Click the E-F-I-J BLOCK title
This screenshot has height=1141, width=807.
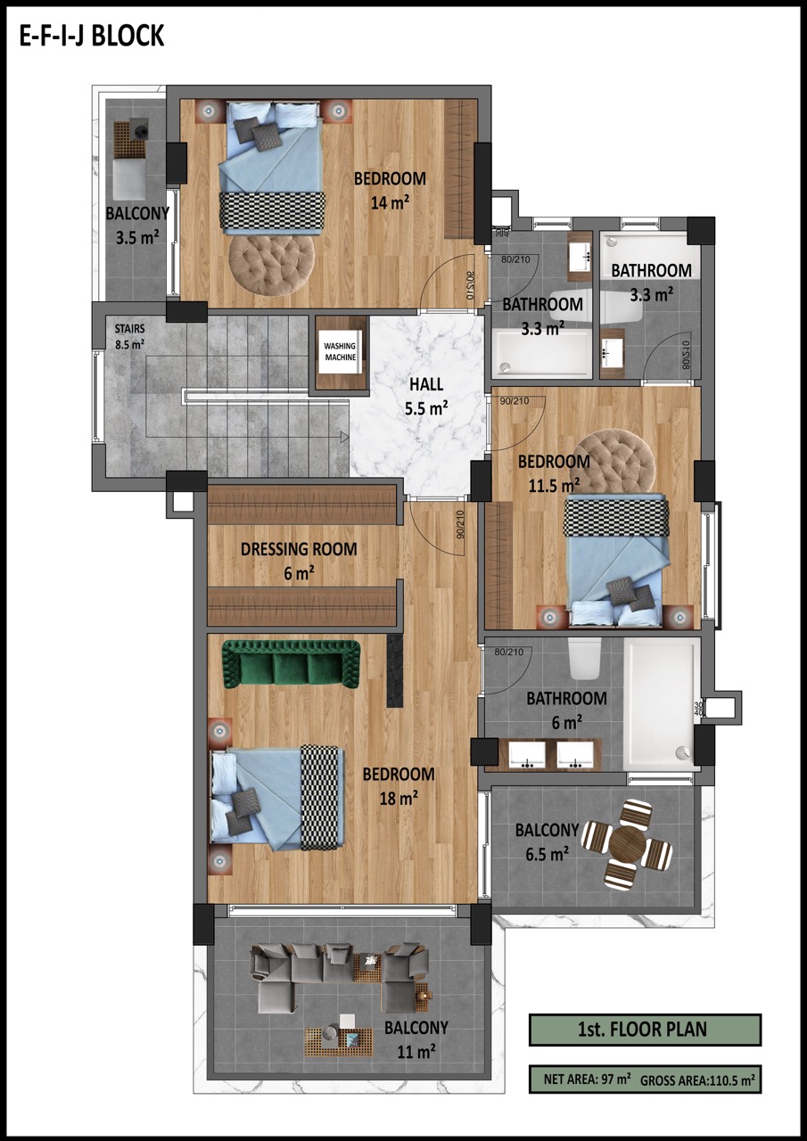tap(92, 37)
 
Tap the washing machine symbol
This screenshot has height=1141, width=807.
tap(341, 352)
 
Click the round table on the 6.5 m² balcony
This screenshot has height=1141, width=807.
tap(627, 843)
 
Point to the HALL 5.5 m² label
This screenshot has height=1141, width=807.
tap(426, 396)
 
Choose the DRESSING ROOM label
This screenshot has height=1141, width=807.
tap(299, 549)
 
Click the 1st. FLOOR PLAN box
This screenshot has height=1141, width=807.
tap(645, 1030)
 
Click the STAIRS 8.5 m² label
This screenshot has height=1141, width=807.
tap(129, 337)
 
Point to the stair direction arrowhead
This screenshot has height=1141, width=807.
tap(344, 437)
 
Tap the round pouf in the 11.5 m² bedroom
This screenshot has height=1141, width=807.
tap(613, 463)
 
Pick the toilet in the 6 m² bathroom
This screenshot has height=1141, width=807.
tap(585, 658)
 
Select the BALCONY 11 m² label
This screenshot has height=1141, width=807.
tap(416, 1039)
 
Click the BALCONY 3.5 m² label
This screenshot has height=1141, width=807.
tap(137, 226)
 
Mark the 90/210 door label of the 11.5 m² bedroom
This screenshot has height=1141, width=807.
tap(514, 401)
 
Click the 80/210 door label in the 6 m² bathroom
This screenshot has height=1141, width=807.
tap(508, 652)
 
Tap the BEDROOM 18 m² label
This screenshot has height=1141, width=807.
tap(399, 786)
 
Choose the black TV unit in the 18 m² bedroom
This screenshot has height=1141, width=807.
tap(395, 670)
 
